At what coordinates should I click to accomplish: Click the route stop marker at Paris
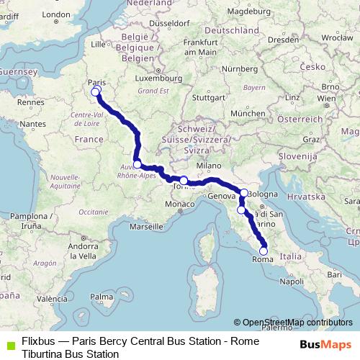pos(95,91)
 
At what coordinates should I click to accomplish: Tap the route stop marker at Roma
pos(264,251)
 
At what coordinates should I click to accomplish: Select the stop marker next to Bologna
pos(245,192)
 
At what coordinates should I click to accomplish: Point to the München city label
pos(248,114)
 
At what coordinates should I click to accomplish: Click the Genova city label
pos(222,196)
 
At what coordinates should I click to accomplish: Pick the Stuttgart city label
pos(210,96)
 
